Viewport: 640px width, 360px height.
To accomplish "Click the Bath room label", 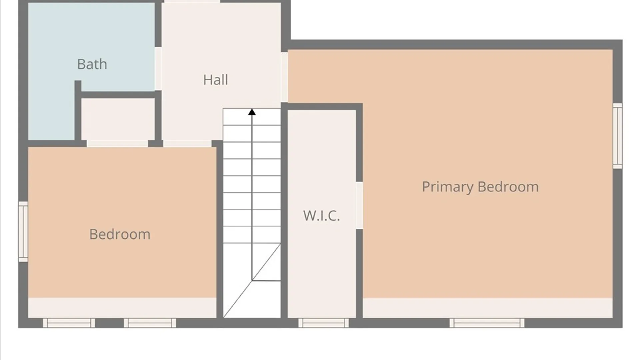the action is [92, 64].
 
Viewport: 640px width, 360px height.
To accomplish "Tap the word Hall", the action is [216, 80].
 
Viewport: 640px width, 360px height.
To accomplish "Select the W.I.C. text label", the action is [321, 215].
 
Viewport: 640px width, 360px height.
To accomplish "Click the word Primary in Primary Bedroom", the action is [448, 187].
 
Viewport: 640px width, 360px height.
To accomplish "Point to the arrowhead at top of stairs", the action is [252, 112].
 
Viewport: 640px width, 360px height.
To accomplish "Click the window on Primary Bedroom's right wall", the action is [618, 136].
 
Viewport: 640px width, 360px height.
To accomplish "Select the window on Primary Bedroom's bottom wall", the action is [487, 323].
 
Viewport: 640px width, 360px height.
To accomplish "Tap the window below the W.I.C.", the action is [323, 323].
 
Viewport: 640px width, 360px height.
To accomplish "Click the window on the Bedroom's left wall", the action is [23, 231].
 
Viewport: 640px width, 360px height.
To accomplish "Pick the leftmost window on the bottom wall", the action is [69, 323].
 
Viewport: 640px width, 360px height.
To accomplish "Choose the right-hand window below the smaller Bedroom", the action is [150, 323].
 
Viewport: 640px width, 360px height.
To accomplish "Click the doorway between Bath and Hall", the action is [158, 69].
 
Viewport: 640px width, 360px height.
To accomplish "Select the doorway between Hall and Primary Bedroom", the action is [284, 77].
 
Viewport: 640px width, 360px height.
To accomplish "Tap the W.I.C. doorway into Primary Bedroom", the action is [359, 205].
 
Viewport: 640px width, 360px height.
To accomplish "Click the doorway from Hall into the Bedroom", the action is [187, 144].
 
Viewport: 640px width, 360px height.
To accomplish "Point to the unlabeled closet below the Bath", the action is [118, 119].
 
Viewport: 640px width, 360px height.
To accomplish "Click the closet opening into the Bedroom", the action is [117, 144].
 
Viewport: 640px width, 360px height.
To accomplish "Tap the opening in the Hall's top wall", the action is [192, 1].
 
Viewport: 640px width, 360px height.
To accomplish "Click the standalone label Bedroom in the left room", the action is [120, 234].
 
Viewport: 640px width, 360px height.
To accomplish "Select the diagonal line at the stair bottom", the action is [252, 281].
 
